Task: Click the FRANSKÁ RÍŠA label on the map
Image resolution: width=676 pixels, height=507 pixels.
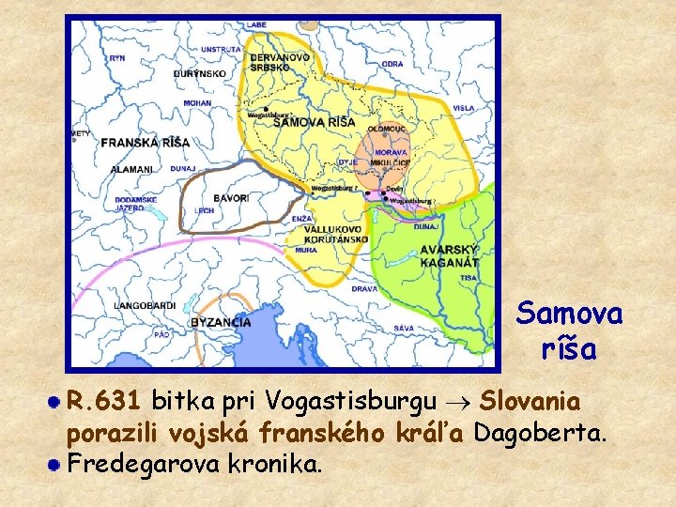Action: click(145, 143)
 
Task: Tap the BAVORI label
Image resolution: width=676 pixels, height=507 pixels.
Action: click(230, 198)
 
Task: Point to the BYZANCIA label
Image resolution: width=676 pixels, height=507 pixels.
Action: click(221, 322)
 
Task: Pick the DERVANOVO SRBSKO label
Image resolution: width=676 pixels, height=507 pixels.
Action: click(280, 62)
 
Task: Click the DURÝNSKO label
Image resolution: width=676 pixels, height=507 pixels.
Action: click(199, 72)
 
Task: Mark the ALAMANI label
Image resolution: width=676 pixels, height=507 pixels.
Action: click(131, 169)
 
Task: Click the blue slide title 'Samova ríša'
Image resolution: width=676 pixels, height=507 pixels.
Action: click(569, 330)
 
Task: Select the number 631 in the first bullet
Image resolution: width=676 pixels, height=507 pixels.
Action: click(120, 402)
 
